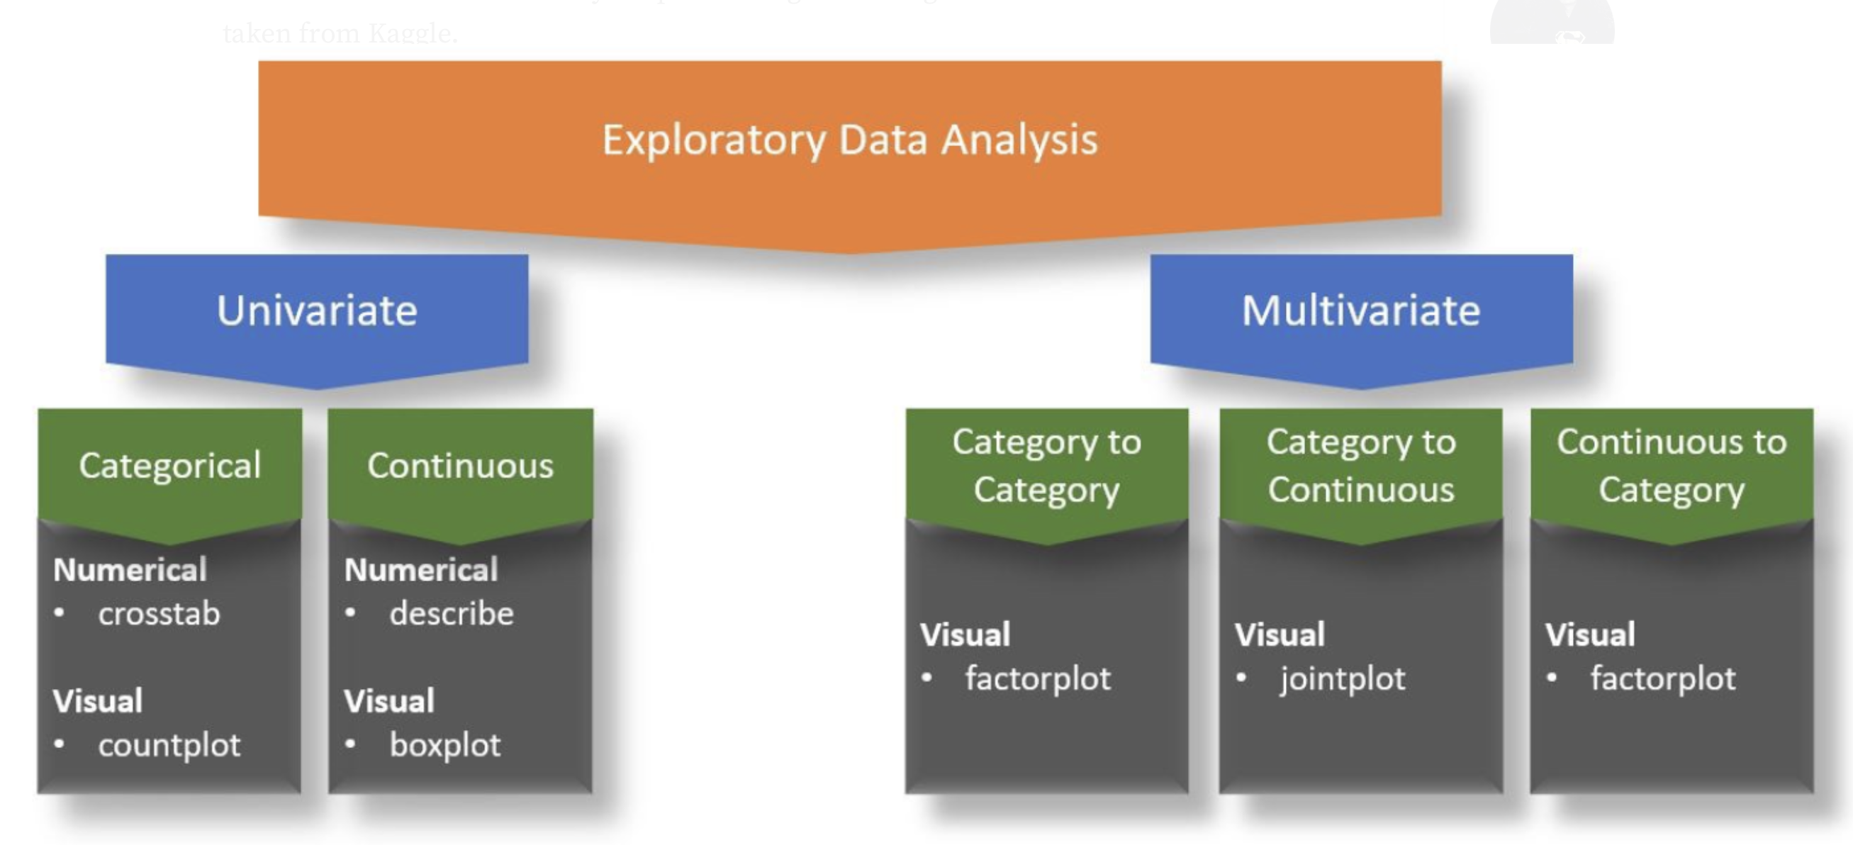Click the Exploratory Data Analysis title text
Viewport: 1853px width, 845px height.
(x=849, y=140)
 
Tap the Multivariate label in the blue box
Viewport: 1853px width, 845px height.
(x=1360, y=310)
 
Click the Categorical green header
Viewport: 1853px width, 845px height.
(x=169, y=465)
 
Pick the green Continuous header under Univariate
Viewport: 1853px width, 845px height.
(x=460, y=465)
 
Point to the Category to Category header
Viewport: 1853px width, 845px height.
(x=1046, y=465)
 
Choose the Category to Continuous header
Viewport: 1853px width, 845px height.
(x=1360, y=465)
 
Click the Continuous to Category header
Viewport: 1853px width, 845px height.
(x=1671, y=465)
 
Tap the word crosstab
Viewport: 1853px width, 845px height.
(x=159, y=613)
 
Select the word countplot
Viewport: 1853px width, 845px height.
(x=169, y=745)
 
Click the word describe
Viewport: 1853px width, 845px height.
(x=452, y=613)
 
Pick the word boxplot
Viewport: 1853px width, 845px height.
(x=444, y=745)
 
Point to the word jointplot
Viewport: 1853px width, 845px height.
(x=1343, y=679)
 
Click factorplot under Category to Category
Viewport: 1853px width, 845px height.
(x=1037, y=679)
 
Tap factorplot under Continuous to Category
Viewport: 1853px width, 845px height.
(x=1662, y=679)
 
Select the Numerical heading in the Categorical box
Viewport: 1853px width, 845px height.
(x=130, y=569)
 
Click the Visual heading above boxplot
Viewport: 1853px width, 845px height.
(x=389, y=701)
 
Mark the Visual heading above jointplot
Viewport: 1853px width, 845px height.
(x=1280, y=635)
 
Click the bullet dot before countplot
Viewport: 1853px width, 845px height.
(x=60, y=744)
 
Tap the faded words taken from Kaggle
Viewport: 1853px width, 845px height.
(x=340, y=33)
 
